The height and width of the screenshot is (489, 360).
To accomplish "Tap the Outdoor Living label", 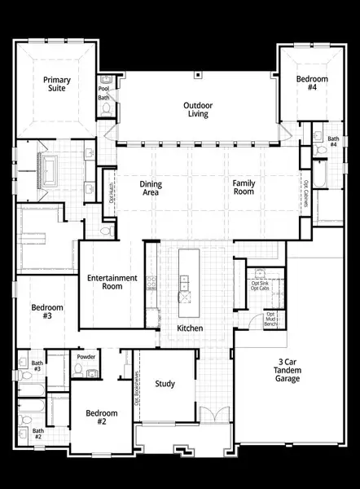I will (x=196, y=109).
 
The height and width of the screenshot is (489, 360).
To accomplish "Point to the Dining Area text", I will (x=151, y=189).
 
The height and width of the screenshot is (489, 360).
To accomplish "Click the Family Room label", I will (x=244, y=188).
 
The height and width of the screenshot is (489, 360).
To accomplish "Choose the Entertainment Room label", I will (x=111, y=283).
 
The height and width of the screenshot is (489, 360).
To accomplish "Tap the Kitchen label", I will (x=191, y=328).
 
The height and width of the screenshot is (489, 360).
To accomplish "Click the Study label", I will (x=165, y=384).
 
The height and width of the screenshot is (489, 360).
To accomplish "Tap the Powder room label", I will (x=86, y=358).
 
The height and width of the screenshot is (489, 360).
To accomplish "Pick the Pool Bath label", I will (x=104, y=90).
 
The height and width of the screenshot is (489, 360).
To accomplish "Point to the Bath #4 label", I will (x=332, y=142).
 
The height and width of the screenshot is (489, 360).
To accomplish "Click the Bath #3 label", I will (x=37, y=366).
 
